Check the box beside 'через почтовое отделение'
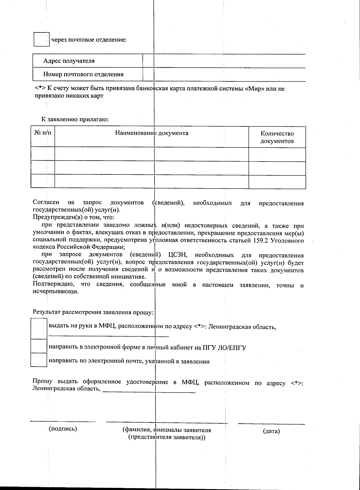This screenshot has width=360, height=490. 41,40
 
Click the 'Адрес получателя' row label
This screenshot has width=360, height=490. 69,61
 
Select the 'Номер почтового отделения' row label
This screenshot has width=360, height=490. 83,74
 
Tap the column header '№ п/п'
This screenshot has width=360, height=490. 43,133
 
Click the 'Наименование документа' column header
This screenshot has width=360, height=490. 152,133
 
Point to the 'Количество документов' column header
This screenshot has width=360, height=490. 277,137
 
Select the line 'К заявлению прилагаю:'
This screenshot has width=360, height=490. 75,119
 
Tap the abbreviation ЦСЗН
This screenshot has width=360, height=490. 178,255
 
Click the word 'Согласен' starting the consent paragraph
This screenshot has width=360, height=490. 46,203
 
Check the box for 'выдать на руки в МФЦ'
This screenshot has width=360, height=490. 39,328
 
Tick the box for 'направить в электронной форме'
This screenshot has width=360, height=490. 39,346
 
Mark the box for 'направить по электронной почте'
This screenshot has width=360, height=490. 39,360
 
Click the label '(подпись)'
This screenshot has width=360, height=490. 63,428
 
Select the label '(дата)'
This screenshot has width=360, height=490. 271,431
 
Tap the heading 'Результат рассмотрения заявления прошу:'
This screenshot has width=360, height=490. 93,312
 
